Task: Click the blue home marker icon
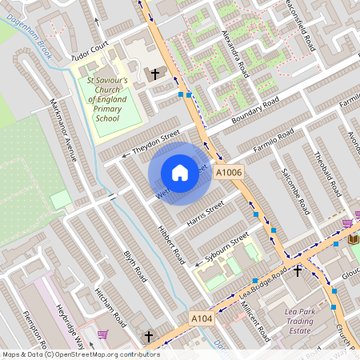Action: tap(180, 173)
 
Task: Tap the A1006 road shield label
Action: tap(229, 173)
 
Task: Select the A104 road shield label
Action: tap(202, 318)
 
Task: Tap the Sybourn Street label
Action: tap(223, 250)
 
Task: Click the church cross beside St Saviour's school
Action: tap(156, 74)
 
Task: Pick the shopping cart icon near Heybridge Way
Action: tap(102, 334)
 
